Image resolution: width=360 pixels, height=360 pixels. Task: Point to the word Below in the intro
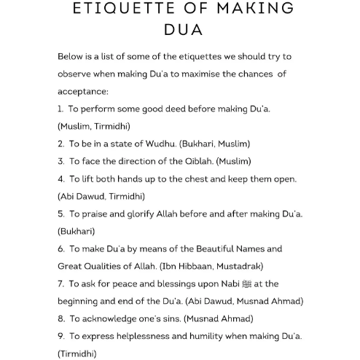point(71,57)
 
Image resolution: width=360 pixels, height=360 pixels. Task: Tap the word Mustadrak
point(238,266)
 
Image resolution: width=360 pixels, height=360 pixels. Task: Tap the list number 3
point(60,161)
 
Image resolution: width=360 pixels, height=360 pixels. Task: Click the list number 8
point(60,318)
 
